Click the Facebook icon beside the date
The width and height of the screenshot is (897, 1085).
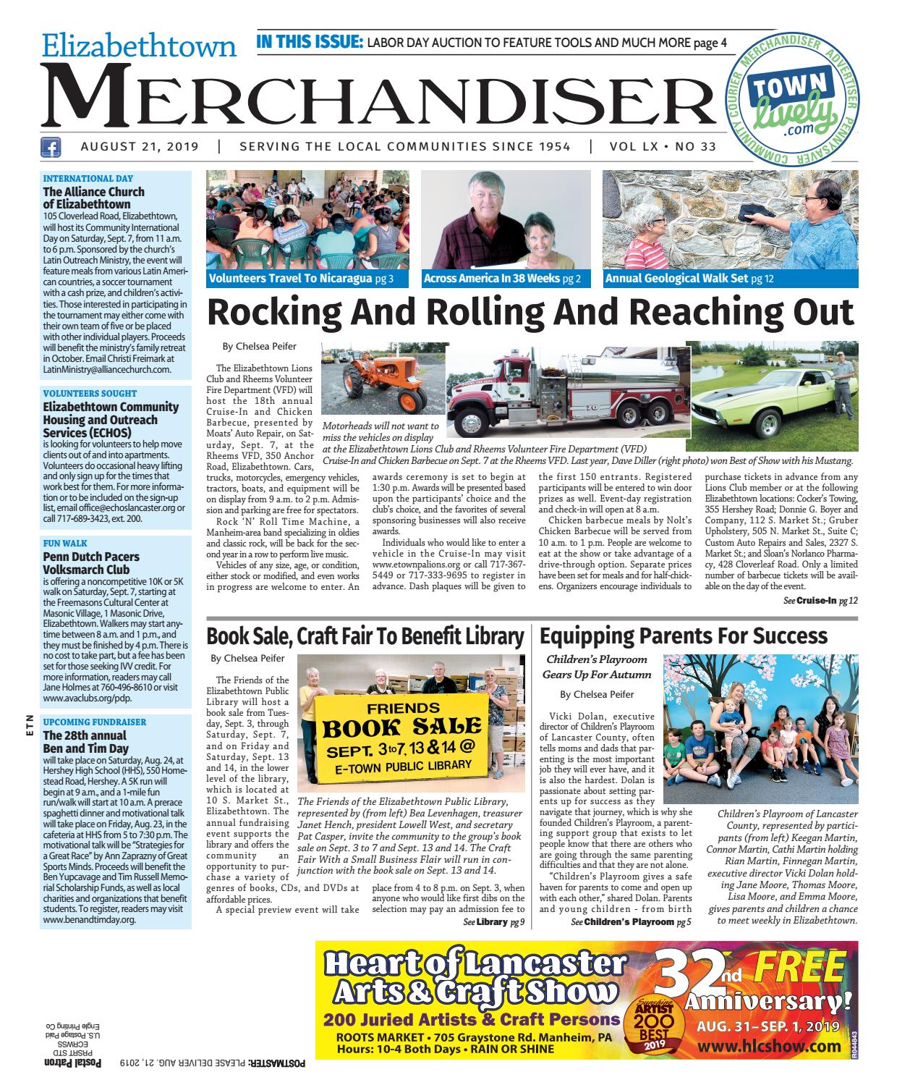click(x=50, y=148)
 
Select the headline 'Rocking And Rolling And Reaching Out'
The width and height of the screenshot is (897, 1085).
click(x=530, y=313)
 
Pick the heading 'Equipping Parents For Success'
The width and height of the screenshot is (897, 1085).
click(x=684, y=636)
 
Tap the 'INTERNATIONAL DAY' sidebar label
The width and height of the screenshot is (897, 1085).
click(x=88, y=178)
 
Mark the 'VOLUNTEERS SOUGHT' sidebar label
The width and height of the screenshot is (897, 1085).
click(x=90, y=394)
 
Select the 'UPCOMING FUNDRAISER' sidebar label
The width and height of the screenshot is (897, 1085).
click(x=95, y=722)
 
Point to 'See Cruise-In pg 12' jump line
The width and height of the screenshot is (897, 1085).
click(x=820, y=601)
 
